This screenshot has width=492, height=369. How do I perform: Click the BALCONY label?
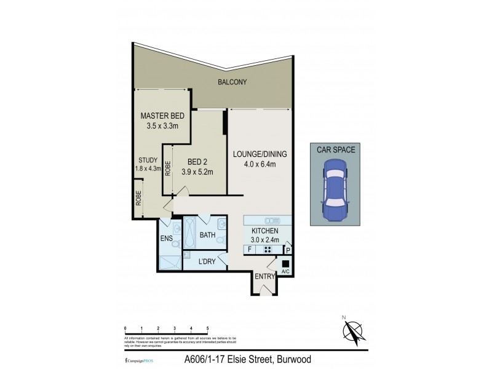pyautogui.click(x=232, y=82)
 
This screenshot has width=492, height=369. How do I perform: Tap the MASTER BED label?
pyautogui.click(x=162, y=116)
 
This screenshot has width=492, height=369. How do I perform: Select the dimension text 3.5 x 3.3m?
pyautogui.click(x=162, y=127)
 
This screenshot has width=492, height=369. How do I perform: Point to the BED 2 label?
pyautogui.click(x=197, y=161)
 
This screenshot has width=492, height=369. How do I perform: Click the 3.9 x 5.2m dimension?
pyautogui.click(x=197, y=172)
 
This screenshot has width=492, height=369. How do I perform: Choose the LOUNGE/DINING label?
pyautogui.click(x=260, y=154)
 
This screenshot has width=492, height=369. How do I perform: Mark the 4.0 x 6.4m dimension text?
pyautogui.click(x=260, y=164)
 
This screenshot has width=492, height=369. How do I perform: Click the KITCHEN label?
pyautogui.click(x=266, y=231)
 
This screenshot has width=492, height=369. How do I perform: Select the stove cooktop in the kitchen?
pyautogui.click(x=268, y=250)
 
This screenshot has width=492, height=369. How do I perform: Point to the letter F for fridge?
pyautogui.click(x=249, y=250)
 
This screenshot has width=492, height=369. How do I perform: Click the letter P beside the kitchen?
pyautogui.click(x=288, y=250)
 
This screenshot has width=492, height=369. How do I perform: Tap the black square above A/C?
pyautogui.click(x=285, y=263)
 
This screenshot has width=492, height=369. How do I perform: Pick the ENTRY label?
pyautogui.click(x=264, y=277)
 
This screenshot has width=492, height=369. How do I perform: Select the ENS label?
pyautogui.click(x=165, y=238)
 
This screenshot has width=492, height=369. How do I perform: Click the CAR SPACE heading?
pyautogui.click(x=336, y=149)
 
